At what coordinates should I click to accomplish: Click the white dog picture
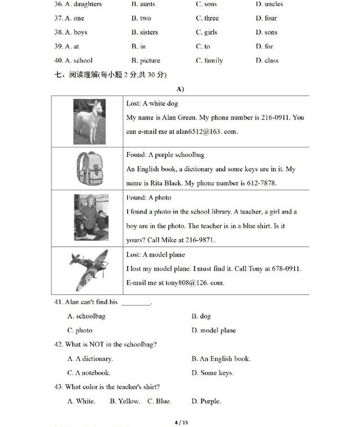click(x=89, y=122)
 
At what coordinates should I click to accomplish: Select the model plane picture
click(x=88, y=271)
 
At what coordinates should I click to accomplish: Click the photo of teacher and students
click(x=90, y=218)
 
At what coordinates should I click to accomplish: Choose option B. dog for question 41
click(x=201, y=316)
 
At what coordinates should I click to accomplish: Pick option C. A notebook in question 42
click(x=89, y=372)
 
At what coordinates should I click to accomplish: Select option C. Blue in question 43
click(x=159, y=401)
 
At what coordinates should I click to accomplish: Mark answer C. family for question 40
click(x=209, y=61)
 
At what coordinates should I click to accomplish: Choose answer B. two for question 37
click(x=141, y=18)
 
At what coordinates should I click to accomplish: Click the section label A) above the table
click(x=180, y=89)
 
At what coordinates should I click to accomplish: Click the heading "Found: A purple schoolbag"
click(x=165, y=155)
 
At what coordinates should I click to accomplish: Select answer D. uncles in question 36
click(x=269, y=4)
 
